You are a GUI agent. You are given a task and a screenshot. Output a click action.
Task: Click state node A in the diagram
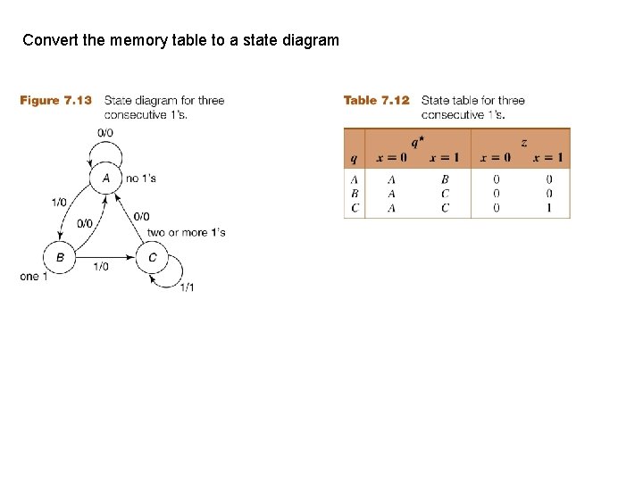(105, 179)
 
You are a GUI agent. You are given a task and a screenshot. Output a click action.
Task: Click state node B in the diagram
(60, 258)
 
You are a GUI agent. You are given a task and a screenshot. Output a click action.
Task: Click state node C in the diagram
(152, 258)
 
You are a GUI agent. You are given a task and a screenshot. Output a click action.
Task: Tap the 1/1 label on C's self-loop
(188, 287)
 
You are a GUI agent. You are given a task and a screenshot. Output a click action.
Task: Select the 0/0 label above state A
(104, 133)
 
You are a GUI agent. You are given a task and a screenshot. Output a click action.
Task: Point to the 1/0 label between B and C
(101, 266)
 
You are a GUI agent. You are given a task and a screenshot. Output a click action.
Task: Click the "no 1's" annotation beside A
(141, 179)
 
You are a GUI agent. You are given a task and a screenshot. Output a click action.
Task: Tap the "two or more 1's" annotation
(186, 233)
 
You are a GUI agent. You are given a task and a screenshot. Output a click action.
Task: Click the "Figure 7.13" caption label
(55, 101)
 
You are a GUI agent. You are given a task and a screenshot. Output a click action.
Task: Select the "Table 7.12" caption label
(376, 101)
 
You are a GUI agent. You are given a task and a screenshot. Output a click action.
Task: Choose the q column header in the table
(355, 159)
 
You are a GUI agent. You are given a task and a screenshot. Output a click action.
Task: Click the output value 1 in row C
(548, 208)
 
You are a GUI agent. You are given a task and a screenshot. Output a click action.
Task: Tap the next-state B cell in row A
(445, 179)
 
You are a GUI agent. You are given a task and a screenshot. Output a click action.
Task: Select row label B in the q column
(355, 194)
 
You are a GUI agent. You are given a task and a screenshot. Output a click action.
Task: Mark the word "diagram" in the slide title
(311, 40)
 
